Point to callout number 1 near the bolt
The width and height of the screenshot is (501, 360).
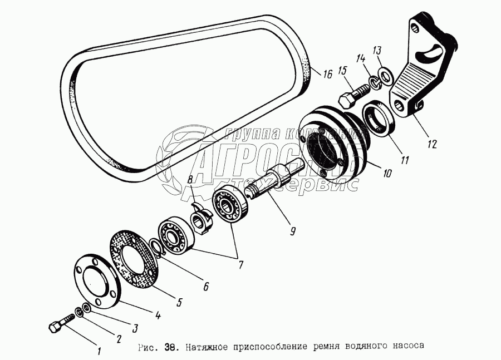99,351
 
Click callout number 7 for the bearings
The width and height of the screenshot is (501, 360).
240,265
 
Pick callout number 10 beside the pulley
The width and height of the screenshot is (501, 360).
387,173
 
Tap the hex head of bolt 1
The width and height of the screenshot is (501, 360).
55,328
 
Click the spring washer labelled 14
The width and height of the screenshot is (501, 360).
374,83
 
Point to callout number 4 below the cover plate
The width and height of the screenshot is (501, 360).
158,315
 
